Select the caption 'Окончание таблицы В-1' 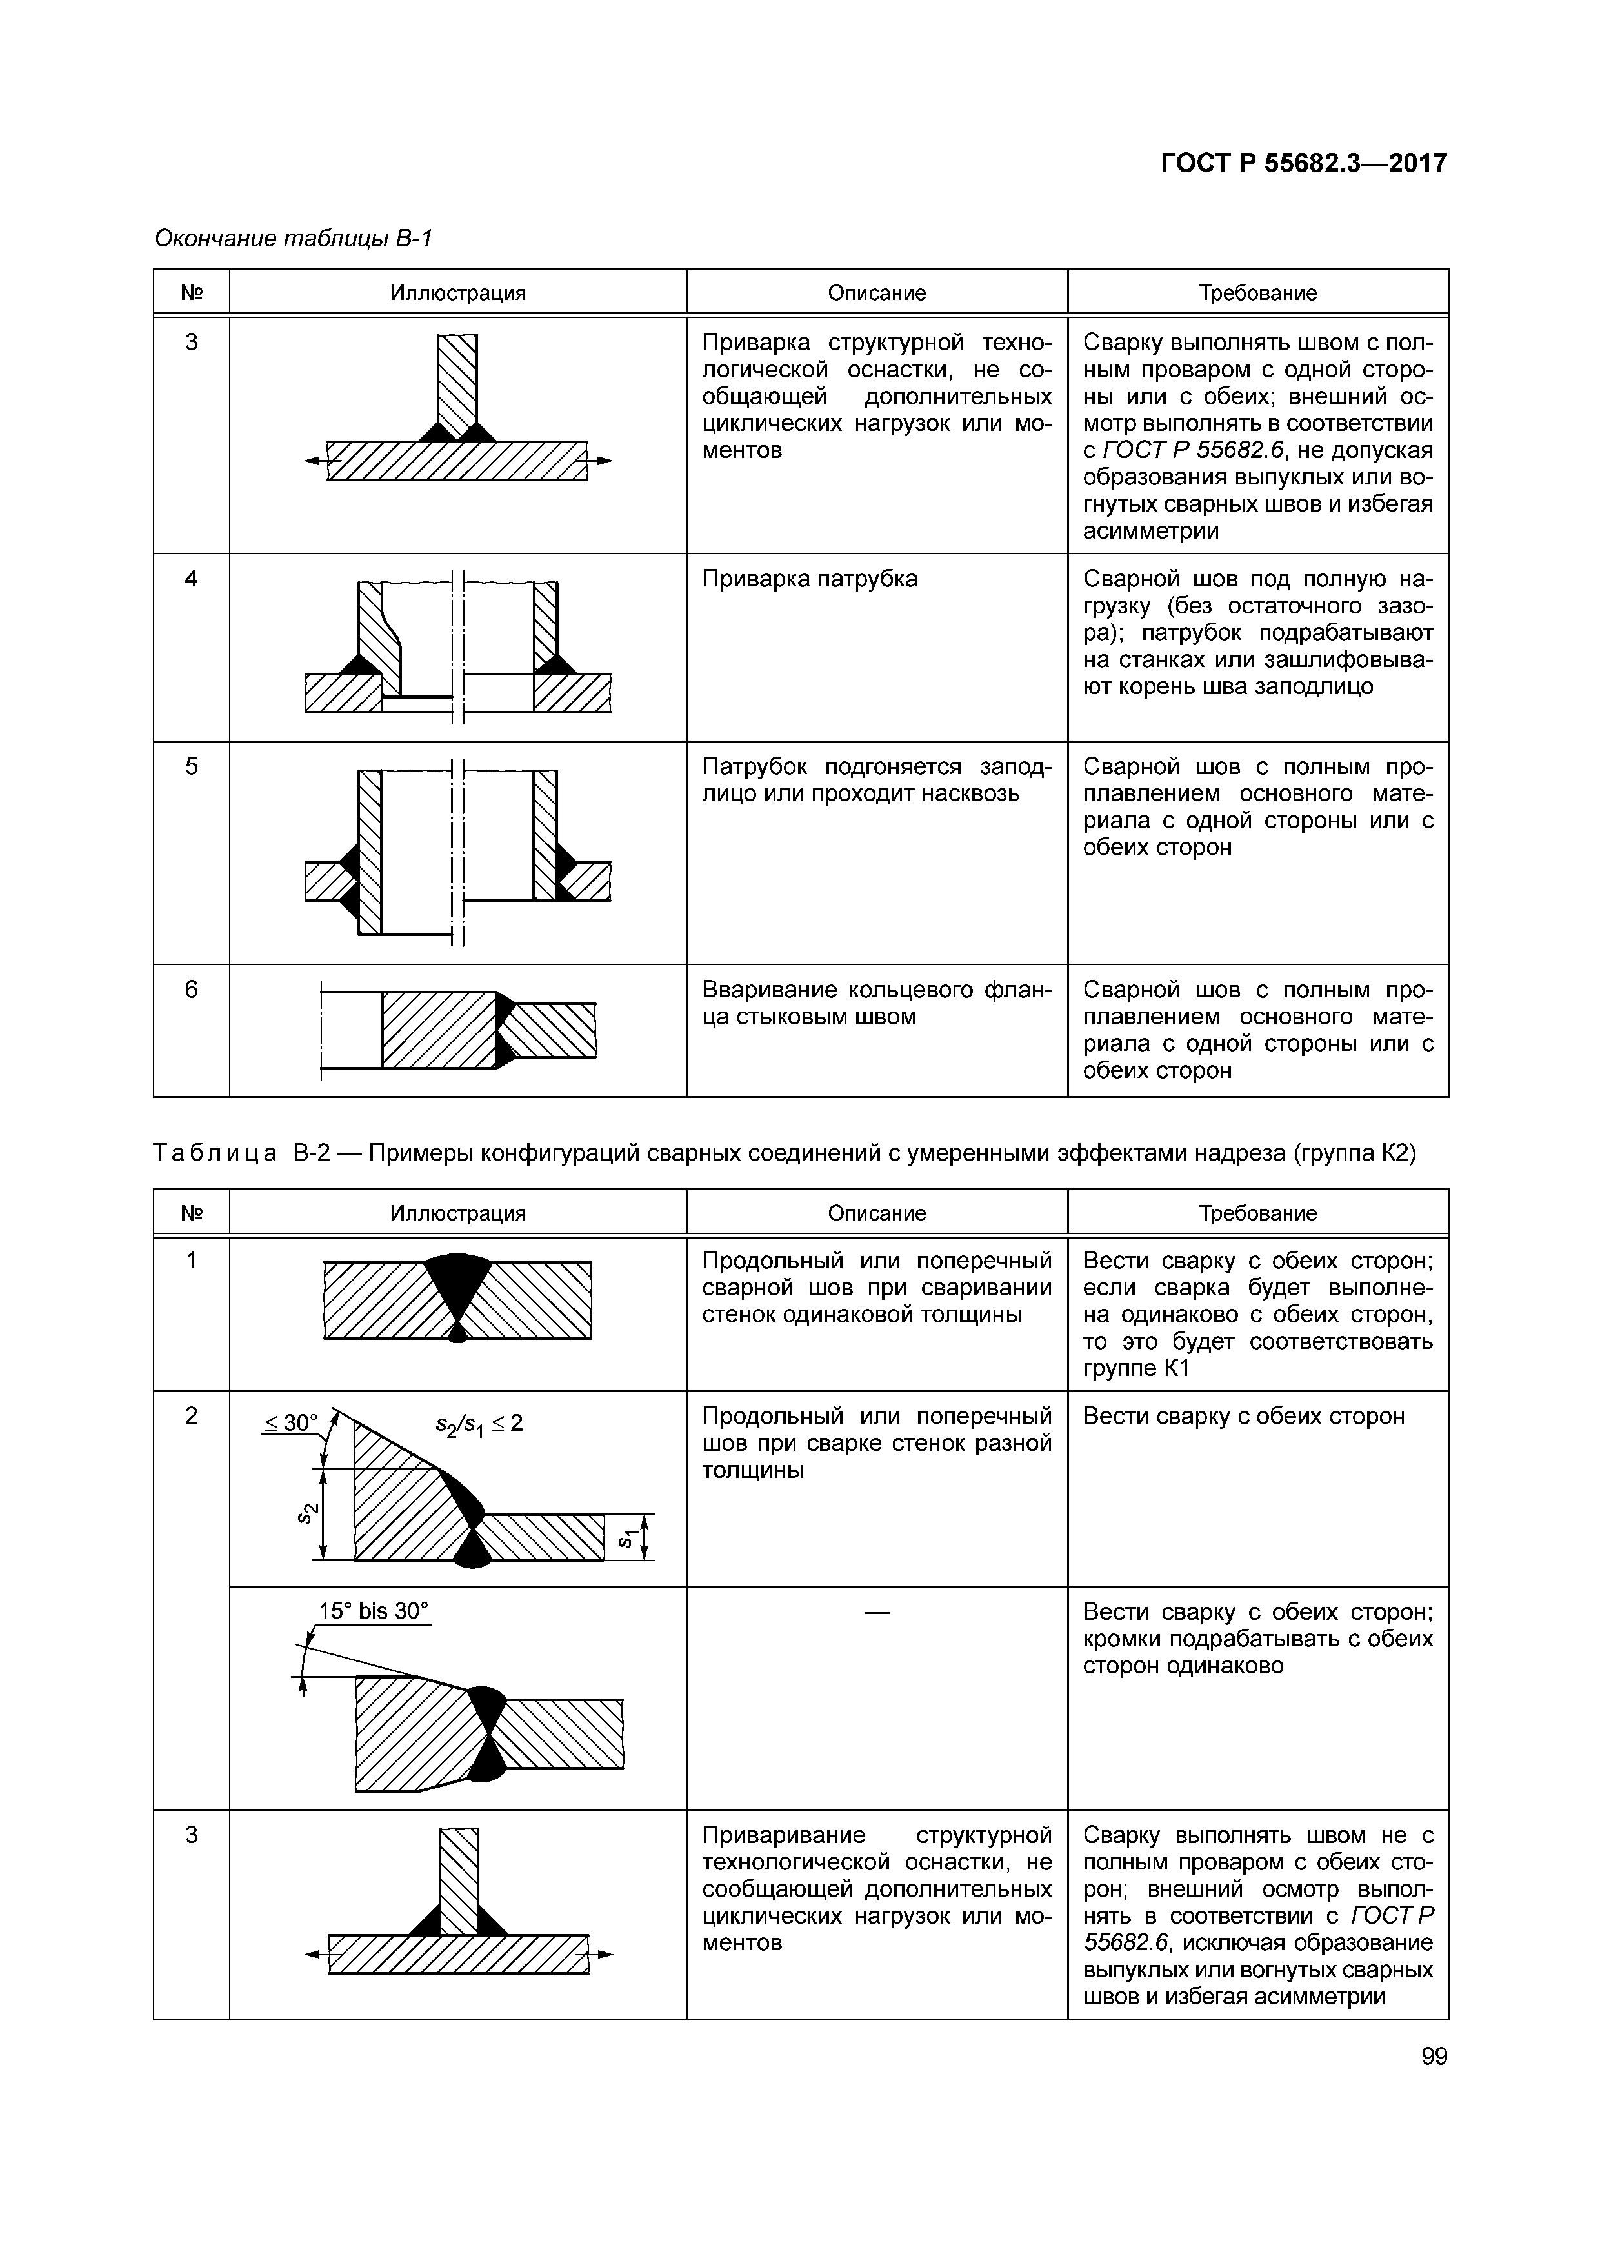[x=294, y=239]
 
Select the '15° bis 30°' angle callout [x=374, y=1611]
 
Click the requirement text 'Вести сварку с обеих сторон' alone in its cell [x=1243, y=1417]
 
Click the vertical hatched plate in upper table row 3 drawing [x=457, y=384]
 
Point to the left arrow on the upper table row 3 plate [x=314, y=461]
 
